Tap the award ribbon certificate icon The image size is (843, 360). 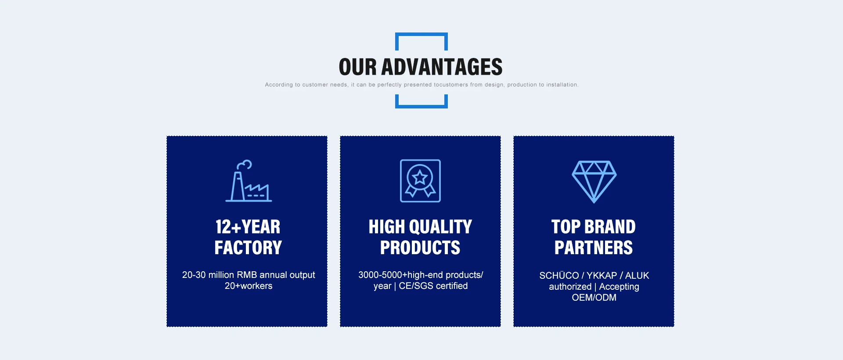click(x=420, y=181)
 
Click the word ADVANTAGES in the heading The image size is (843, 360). click(x=442, y=67)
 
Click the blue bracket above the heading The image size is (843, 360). click(x=421, y=35)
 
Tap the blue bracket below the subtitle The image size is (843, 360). click(x=421, y=106)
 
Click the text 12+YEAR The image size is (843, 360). click(x=248, y=227)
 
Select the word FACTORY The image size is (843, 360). click(x=248, y=248)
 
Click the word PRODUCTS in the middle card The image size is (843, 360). click(x=420, y=248)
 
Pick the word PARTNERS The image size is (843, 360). click(x=594, y=248)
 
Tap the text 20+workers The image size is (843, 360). click(x=249, y=286)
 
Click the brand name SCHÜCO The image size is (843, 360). click(x=559, y=275)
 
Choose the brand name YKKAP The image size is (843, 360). click(x=602, y=275)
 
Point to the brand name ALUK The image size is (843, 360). click(x=637, y=275)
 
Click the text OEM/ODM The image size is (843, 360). click(x=594, y=298)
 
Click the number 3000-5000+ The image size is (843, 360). click(x=383, y=275)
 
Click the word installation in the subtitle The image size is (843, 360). click(x=562, y=85)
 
